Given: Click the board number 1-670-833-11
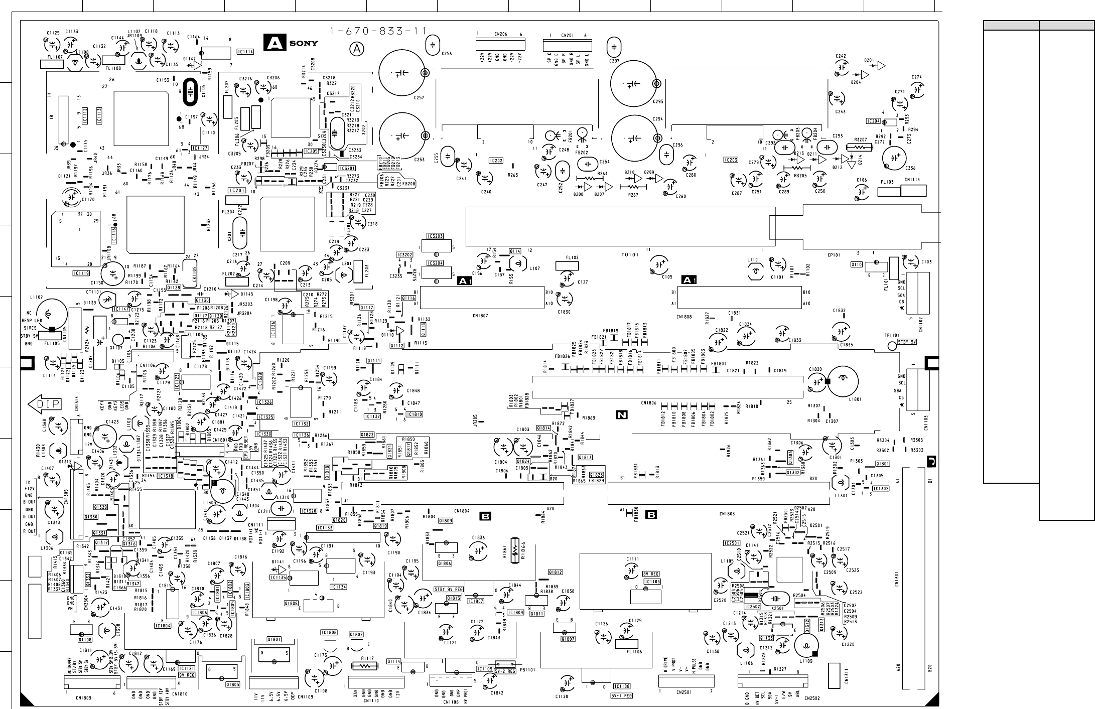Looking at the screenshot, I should point(378,32).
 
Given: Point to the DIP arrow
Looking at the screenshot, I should point(45,403).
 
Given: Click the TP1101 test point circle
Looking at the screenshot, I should point(892,345).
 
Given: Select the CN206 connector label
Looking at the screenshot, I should point(500,35).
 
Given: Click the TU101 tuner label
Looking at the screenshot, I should point(630,255).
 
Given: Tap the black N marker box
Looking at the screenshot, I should point(622,414).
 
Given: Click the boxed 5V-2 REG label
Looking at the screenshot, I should point(505,671).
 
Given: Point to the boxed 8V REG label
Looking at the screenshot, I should point(651,574).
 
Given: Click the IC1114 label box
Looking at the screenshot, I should point(245,52).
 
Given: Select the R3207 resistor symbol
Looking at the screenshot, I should point(860,147).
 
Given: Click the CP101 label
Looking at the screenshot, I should point(834,254).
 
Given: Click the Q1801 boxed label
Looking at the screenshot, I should point(274,639).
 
